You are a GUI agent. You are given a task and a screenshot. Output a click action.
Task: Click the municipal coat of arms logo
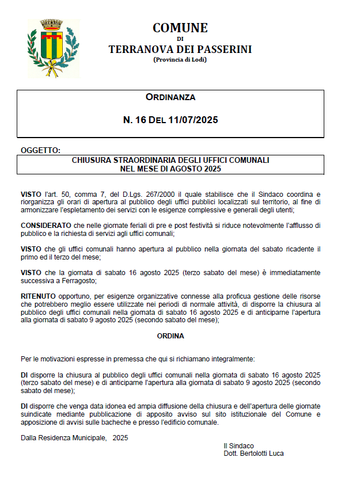point(53,48)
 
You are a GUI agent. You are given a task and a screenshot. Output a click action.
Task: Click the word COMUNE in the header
point(180,28)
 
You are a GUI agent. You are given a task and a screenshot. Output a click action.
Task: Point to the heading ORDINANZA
point(170,97)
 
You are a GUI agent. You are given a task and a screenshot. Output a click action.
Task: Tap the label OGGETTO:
point(40,150)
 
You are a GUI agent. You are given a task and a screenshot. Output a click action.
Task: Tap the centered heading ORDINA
point(170,336)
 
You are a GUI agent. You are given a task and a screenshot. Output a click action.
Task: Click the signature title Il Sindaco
point(238,445)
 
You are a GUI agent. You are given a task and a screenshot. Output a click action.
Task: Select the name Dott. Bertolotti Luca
point(253,453)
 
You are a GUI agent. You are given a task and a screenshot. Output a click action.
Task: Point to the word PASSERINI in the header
point(225,49)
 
